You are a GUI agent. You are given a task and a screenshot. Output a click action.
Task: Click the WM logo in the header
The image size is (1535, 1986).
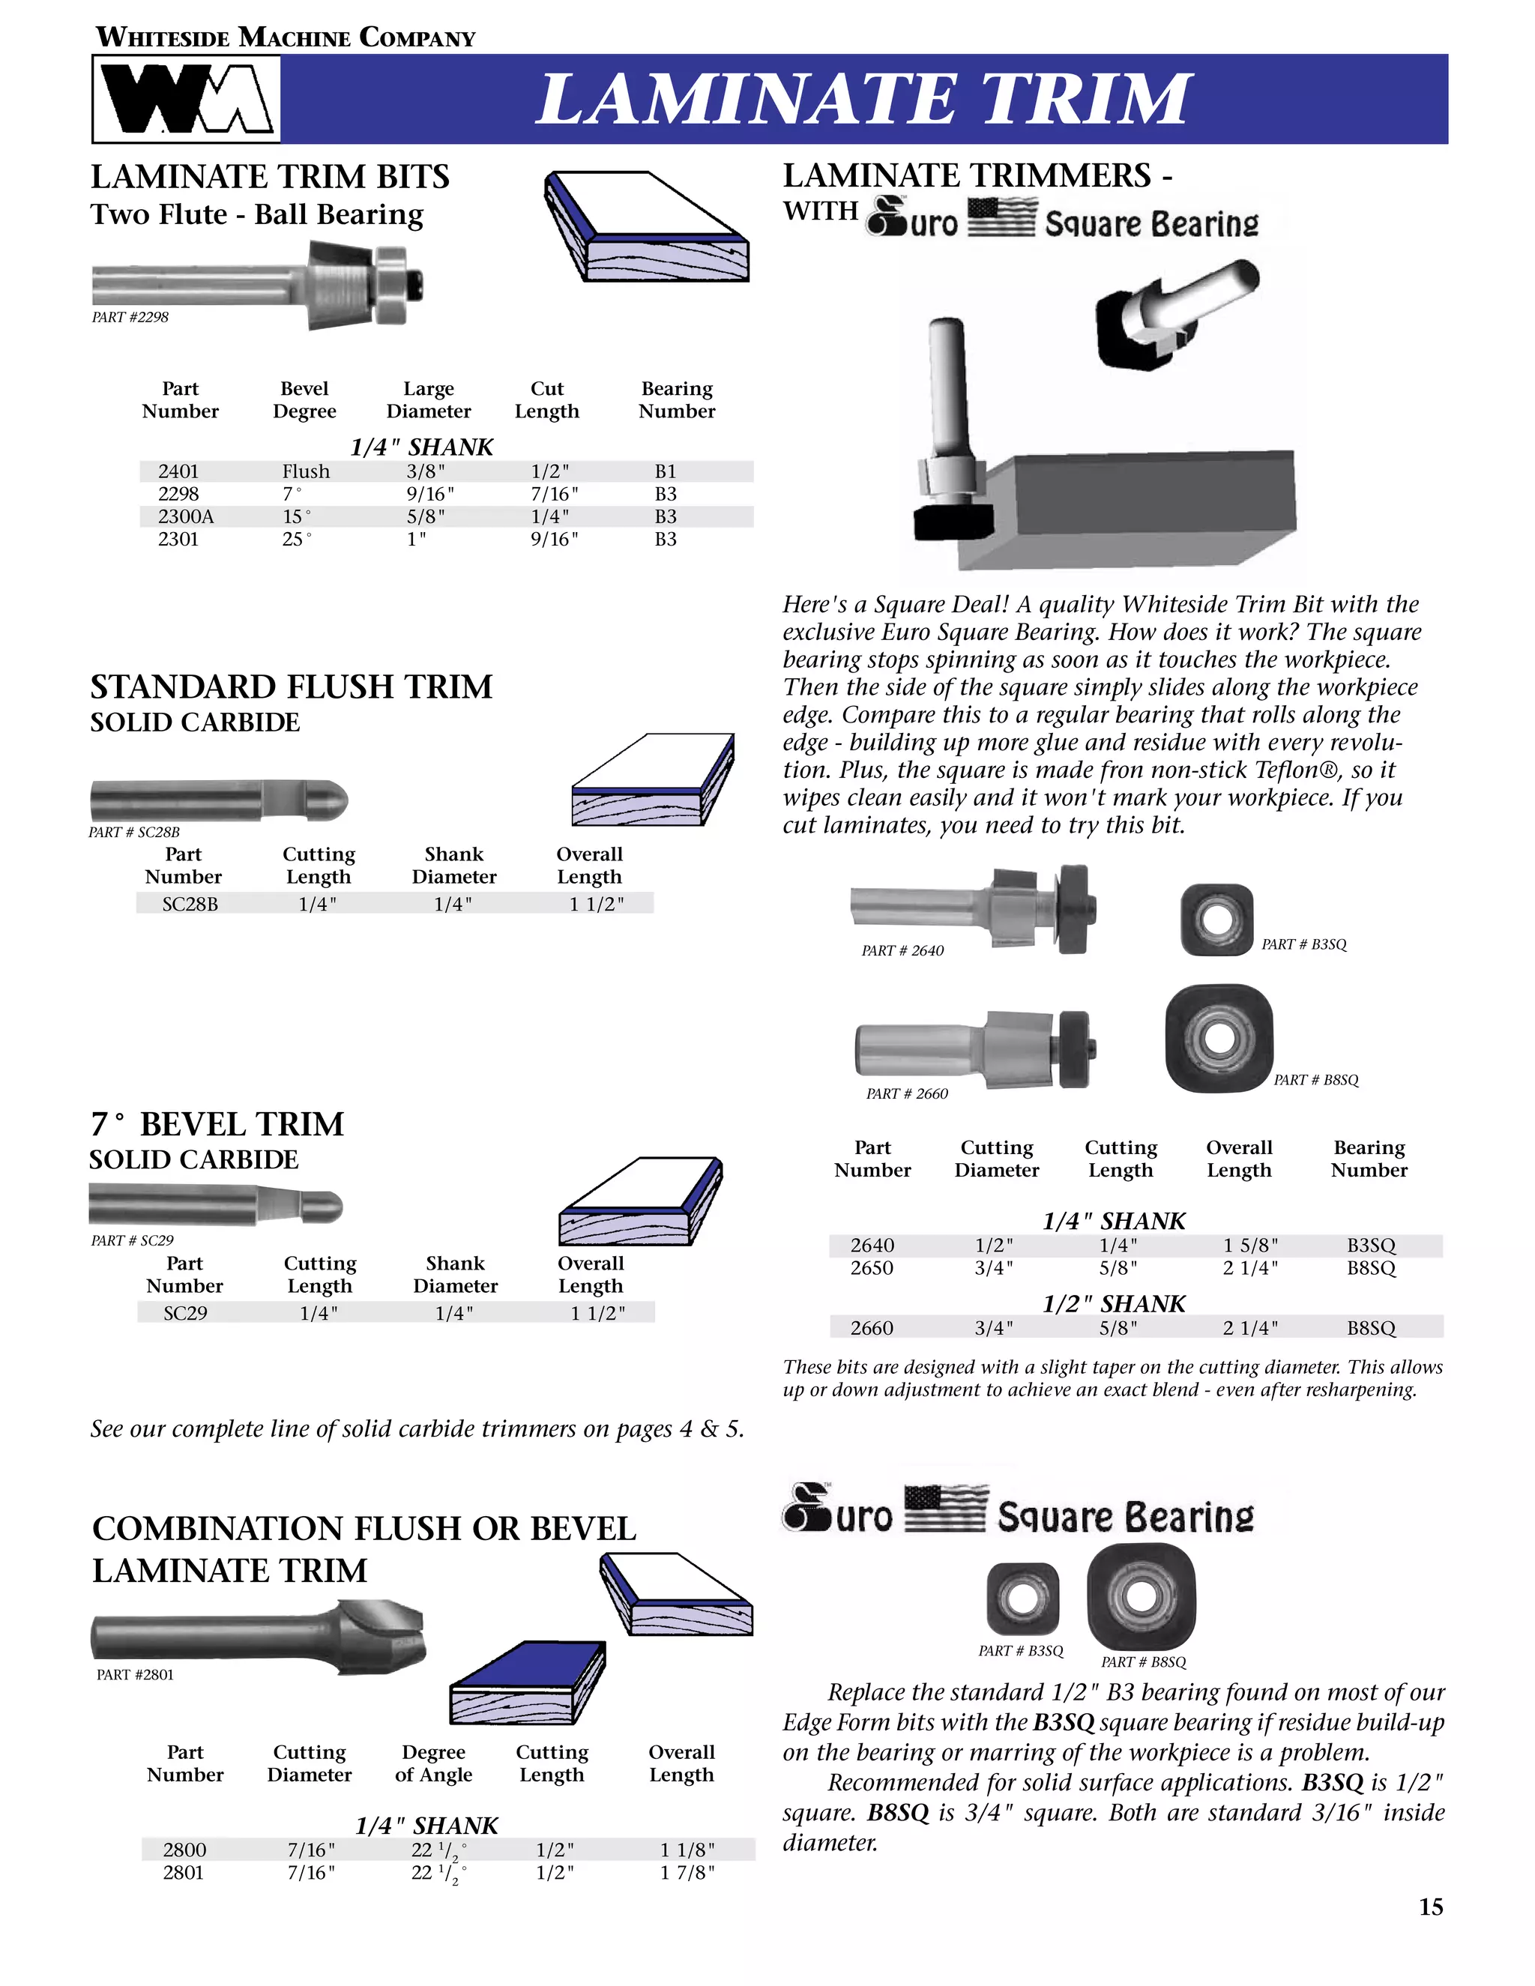187,98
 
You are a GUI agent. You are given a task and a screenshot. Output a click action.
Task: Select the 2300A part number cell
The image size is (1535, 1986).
186,516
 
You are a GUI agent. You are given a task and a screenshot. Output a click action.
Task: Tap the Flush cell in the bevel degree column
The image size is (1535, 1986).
306,471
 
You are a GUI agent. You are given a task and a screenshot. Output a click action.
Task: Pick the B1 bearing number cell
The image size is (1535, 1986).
666,471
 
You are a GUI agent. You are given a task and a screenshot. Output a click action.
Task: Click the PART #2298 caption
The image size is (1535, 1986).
130,317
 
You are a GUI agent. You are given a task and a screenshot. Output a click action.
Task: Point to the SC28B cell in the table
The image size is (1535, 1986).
190,904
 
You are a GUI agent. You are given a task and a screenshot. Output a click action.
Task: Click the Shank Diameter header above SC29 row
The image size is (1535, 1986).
455,1274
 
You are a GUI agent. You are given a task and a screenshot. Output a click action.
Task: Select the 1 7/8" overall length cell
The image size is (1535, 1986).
687,1872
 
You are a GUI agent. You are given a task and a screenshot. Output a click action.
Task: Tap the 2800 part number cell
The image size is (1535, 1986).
184,1850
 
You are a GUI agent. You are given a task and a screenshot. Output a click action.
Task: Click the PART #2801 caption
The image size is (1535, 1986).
135,1675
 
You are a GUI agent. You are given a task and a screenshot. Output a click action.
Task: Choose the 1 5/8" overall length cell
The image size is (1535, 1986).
1250,1245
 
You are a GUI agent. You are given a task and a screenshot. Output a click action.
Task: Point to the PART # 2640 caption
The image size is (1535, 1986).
902,950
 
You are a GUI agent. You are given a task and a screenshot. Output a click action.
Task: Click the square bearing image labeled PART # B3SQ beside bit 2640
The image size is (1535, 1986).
1216,920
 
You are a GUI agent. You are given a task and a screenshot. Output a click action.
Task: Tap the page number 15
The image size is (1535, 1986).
1430,1907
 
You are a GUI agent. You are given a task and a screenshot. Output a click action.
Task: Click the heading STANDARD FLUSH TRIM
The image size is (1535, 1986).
291,686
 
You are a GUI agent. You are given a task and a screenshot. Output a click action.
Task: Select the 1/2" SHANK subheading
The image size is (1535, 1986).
1113,1303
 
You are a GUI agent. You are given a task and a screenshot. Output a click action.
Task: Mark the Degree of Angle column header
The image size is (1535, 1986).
434,1763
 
